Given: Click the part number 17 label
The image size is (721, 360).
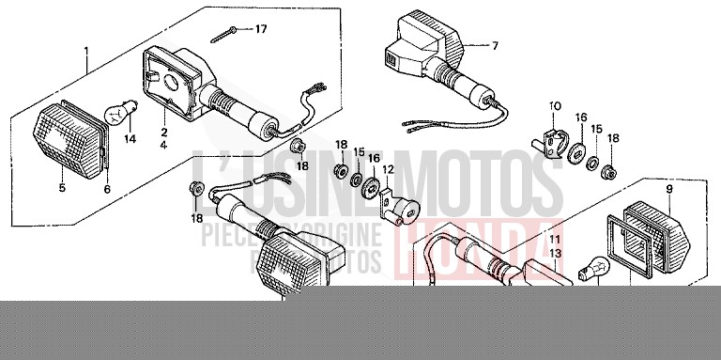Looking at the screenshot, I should click(x=261, y=30).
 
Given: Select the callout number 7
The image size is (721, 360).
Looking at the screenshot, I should click(x=497, y=45).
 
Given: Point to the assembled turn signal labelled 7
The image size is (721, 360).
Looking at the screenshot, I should click(x=422, y=47).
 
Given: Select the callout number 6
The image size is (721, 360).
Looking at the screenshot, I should click(x=106, y=189).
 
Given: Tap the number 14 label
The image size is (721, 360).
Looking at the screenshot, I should click(x=130, y=140).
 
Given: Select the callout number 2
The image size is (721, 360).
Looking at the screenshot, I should click(x=162, y=133).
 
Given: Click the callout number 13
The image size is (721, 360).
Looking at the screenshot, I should click(x=555, y=254).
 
